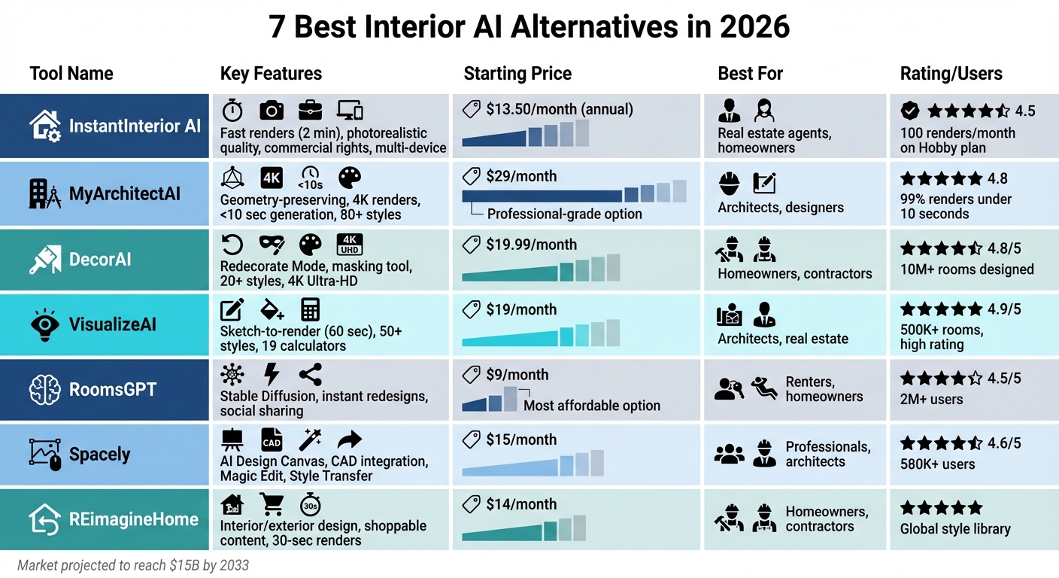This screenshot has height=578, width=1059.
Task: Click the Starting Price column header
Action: (x=517, y=74)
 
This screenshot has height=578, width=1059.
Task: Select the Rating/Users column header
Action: (x=951, y=74)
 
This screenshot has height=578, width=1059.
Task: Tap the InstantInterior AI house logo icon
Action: (x=44, y=126)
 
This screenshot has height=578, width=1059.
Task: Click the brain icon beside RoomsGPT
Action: (x=44, y=390)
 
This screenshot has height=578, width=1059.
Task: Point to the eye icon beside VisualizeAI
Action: (x=44, y=324)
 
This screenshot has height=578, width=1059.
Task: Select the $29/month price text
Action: (x=521, y=176)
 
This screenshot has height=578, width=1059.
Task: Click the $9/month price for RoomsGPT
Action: (x=517, y=375)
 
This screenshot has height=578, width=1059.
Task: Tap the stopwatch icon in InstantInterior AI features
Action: (x=232, y=111)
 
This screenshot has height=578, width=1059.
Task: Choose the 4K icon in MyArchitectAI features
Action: (x=272, y=178)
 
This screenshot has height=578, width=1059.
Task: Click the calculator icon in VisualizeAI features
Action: (x=310, y=309)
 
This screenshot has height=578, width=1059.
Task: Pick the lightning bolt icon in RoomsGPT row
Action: (x=271, y=374)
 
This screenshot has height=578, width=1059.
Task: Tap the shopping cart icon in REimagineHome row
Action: (x=271, y=503)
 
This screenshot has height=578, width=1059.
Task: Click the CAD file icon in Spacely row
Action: (x=271, y=440)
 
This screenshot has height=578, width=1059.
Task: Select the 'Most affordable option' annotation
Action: (x=591, y=406)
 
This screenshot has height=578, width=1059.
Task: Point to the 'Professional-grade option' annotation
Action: (x=564, y=214)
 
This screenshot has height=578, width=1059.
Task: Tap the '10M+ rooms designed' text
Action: (x=966, y=269)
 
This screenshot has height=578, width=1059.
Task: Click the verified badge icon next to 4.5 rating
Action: (x=910, y=111)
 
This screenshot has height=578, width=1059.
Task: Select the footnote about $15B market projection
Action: (x=132, y=565)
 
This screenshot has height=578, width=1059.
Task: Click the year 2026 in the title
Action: (x=754, y=27)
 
